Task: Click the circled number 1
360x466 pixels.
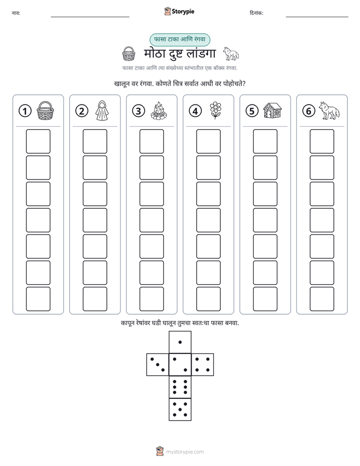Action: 25,111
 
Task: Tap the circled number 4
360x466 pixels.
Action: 195,111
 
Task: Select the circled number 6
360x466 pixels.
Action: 309,111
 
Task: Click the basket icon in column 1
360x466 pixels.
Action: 45,110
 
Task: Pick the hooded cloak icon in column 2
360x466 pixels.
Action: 102,110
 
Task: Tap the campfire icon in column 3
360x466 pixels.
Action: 159,110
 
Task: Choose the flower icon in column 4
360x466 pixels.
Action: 215,110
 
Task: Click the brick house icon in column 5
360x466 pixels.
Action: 272,110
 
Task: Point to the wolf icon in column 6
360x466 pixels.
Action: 329,110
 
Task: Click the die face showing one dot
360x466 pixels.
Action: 180,342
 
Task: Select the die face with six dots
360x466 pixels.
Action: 180,387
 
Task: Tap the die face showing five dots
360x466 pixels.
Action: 180,410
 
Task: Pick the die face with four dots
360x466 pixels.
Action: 203,365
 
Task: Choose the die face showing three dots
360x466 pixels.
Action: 158,365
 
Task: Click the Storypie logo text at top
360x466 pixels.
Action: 183,12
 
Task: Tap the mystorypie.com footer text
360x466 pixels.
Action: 185,452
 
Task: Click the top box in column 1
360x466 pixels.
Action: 38,141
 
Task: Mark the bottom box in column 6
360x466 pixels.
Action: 322,299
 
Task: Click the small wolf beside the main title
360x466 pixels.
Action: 231,53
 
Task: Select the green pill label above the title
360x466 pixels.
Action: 179,39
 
